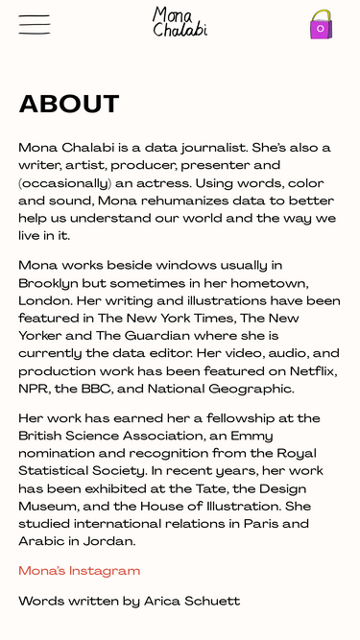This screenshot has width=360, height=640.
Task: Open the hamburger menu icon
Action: [35, 25]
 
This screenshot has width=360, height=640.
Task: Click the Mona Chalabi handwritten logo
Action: [180, 22]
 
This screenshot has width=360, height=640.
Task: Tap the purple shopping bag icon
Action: [321, 25]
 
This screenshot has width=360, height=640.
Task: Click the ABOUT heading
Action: [69, 105]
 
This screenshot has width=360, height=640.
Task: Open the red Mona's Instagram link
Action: [80, 571]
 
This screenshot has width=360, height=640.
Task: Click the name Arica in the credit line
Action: [165, 602]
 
